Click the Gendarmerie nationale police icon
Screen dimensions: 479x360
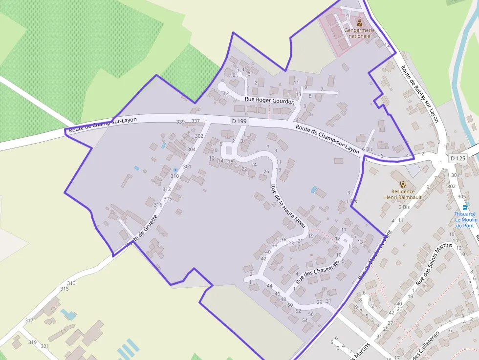point(360,22)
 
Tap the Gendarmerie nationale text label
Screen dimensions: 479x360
point(359,33)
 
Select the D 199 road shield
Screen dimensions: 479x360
point(239,121)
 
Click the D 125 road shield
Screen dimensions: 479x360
point(458,158)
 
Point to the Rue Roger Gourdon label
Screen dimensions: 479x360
point(270,100)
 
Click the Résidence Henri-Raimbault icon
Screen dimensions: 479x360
point(403,184)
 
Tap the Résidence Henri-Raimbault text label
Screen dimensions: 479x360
point(403,194)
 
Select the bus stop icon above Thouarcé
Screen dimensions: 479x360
point(464,207)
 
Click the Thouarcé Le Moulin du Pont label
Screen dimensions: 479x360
point(465,219)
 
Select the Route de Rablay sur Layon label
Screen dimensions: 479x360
point(420,94)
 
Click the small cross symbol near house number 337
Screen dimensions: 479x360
point(206,121)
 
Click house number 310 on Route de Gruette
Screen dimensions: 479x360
point(174,176)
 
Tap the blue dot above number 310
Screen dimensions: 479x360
point(175,169)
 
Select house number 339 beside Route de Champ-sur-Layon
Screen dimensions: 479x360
point(180,122)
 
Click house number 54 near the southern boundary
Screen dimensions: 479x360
point(305,320)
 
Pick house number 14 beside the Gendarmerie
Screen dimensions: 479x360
point(346,15)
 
